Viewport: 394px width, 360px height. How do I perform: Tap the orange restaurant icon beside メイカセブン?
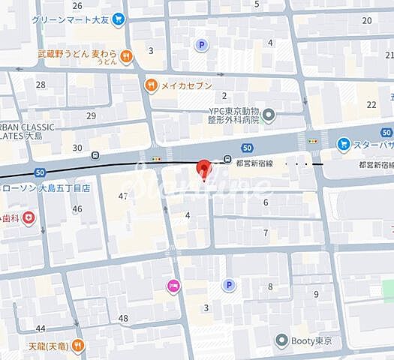pyautogui.click(x=152, y=85)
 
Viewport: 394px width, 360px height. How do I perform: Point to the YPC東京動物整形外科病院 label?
pyautogui.click(x=233, y=115)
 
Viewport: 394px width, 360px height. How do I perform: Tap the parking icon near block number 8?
pyautogui.click(x=228, y=285)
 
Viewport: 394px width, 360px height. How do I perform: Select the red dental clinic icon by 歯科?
pyautogui.click(x=29, y=217)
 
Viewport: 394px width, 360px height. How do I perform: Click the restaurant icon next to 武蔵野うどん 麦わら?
pyautogui.click(x=127, y=55)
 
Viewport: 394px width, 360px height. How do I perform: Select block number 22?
pyautogui.click(x=371, y=104)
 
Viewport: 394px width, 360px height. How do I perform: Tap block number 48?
pyautogui.click(x=123, y=318)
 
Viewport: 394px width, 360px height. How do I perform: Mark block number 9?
pyautogui.click(x=317, y=293)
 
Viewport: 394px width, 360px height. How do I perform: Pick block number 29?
pyautogui.click(x=92, y=115)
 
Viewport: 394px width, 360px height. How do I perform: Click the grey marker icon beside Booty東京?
pyautogui.click(x=281, y=340)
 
